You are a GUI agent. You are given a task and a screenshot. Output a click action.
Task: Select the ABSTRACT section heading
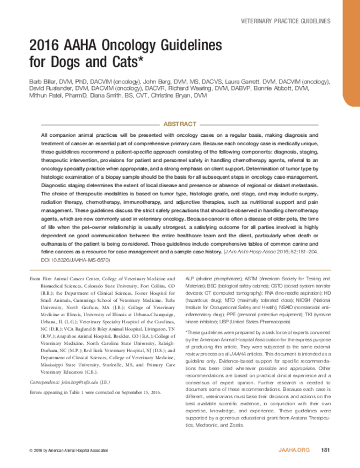(x=180, y=124)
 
